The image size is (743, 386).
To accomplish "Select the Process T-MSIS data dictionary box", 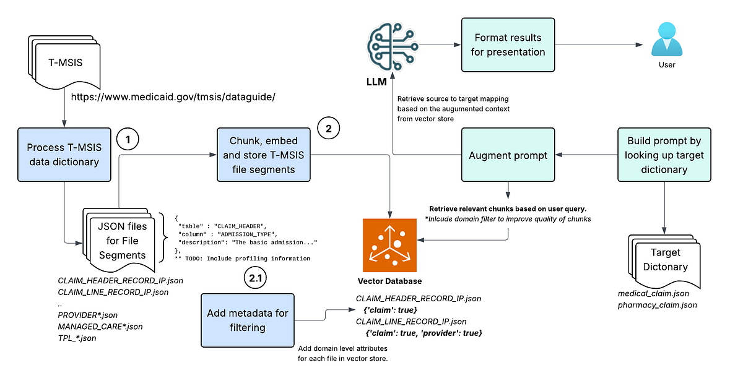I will [64, 155].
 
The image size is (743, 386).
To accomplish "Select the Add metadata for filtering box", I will [247, 320].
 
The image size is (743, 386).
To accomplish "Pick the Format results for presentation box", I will [508, 45].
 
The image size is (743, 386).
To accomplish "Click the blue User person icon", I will [667, 40].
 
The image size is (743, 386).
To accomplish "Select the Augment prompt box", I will [508, 155].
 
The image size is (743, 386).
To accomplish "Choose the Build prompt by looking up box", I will [664, 155].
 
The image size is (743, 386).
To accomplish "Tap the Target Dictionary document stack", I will [664, 260].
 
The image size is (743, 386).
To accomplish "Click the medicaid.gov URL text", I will [173, 97].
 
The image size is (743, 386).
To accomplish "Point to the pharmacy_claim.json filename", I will [658, 305].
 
